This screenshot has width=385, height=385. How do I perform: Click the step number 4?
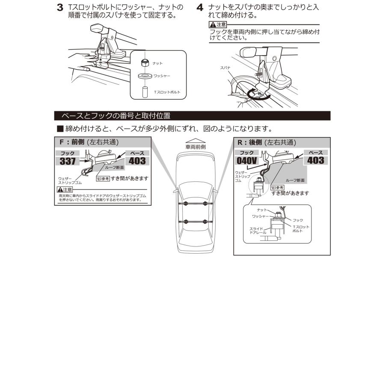point(200,8)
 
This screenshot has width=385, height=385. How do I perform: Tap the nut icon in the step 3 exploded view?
point(144,63)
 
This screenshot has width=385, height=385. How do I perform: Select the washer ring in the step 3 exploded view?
point(144,76)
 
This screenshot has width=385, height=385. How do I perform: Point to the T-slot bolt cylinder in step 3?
point(145,92)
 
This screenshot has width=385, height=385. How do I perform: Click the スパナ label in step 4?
point(225,68)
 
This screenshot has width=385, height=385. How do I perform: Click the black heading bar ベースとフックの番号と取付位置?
point(192,115)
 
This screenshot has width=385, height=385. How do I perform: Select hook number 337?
point(68,161)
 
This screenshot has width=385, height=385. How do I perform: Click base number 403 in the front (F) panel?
point(137,161)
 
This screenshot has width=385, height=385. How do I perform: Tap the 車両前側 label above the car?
point(195,146)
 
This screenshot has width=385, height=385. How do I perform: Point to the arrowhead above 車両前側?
point(195,140)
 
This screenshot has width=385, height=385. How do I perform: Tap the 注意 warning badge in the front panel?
point(65,189)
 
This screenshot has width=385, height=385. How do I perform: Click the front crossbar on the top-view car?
point(195,206)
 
